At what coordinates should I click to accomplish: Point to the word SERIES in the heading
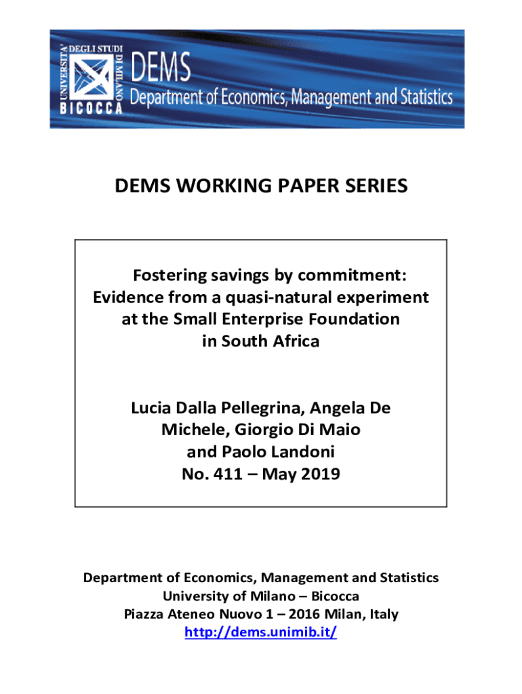[x=374, y=185]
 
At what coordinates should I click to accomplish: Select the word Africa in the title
[x=292, y=341]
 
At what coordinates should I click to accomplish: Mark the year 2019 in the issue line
[x=319, y=474]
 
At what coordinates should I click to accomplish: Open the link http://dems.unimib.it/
[x=261, y=633]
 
